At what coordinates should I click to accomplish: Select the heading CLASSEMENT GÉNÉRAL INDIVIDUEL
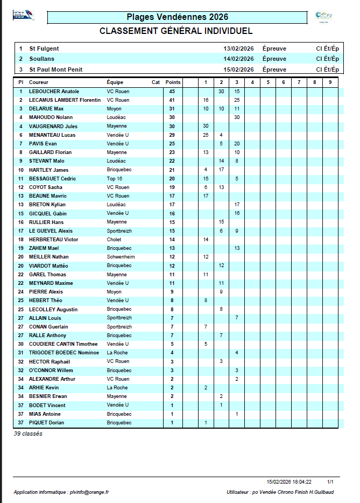tap(176, 31)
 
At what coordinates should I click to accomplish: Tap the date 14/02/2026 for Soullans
tap(238, 59)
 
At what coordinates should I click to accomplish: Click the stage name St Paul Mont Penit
tap(55, 69)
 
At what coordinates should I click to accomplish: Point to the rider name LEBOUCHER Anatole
tap(54, 92)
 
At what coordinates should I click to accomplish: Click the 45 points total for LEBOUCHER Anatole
tap(172, 92)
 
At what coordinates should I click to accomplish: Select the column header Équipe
tap(115, 82)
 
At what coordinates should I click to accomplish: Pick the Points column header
tap(173, 82)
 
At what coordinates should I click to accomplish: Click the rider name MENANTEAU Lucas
tap(52, 135)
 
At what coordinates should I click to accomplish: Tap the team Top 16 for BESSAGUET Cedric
tap(115, 178)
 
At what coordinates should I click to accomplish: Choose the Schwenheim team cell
tap(121, 257)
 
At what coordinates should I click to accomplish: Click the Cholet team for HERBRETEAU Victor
tap(114, 240)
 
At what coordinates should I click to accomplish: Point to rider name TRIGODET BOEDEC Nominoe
tap(63, 353)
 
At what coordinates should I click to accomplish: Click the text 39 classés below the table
tap(28, 434)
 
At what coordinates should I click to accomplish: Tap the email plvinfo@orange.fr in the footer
tap(89, 492)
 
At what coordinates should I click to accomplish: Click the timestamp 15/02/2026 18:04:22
tap(289, 482)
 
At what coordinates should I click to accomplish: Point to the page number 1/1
tap(330, 482)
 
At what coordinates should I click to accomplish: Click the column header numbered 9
tap(330, 82)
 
